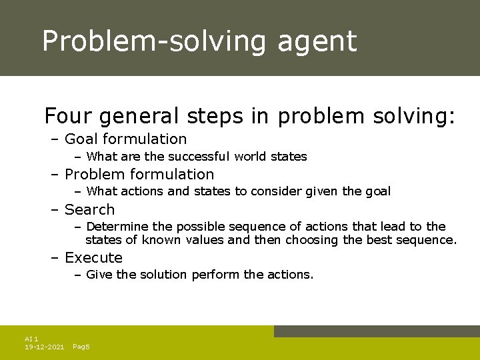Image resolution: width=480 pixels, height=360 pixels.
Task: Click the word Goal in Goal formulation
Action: tap(81, 139)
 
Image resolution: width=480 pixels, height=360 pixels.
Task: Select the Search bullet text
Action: tap(89, 210)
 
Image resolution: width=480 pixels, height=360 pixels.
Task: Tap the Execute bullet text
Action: tap(93, 258)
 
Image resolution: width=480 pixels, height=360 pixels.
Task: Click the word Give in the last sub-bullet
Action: tap(99, 275)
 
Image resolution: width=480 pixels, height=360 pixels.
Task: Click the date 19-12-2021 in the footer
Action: tap(44, 347)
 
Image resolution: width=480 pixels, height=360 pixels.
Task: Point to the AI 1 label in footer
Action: tap(31, 339)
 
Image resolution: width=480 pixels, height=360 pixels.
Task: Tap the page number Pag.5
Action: tap(81, 347)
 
